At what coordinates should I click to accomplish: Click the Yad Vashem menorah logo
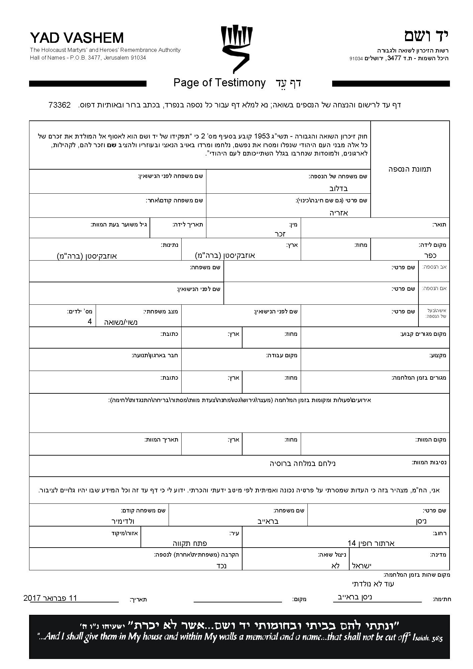point(236,49)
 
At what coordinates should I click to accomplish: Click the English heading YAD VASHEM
point(77,38)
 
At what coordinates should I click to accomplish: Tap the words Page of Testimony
point(219,83)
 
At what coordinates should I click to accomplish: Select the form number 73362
point(60,105)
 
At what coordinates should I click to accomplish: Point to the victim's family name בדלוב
point(339,188)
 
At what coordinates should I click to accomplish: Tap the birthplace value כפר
point(430,255)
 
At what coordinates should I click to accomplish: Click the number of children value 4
point(90,321)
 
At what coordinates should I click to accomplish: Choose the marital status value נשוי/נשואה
point(121,322)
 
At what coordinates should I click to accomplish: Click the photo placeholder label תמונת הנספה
point(410,169)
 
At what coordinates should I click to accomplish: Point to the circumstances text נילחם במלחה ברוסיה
point(302,463)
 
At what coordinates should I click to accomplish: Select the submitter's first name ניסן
point(421,521)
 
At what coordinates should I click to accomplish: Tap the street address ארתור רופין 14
point(371,543)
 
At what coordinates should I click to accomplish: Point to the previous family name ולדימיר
point(123,521)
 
